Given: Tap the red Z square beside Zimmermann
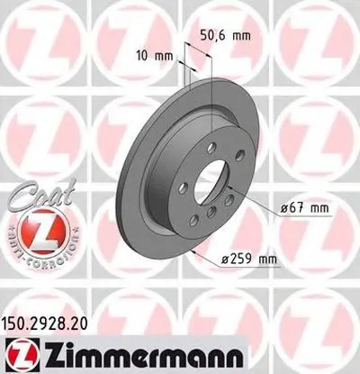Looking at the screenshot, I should (x=19, y=354).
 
